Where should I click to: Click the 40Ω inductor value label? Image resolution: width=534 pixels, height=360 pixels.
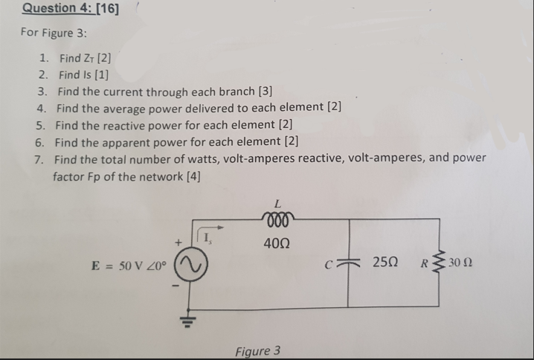pos(277,243)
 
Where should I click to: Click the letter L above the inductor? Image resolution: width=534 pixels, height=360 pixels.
pos(277,202)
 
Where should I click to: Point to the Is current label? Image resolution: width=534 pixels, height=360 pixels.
pos(210,238)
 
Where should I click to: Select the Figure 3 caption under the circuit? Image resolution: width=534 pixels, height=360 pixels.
pos(257,350)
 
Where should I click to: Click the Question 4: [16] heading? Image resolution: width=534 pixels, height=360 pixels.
pos(71,8)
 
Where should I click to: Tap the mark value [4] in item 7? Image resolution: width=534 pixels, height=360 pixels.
pos(190,176)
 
